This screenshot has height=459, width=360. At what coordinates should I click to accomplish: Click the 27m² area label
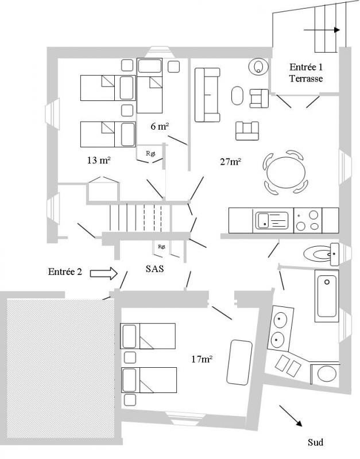point(231,161)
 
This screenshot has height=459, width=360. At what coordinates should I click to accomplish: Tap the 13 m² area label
point(99,160)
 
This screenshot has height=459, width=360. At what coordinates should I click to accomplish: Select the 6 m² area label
point(160,126)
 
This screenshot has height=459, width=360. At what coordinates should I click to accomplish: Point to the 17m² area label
point(202,359)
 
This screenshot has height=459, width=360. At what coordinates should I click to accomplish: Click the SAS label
point(154,269)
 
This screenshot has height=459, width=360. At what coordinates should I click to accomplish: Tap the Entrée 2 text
point(65,271)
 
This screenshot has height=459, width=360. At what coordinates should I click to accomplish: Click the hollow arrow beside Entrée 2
point(104,274)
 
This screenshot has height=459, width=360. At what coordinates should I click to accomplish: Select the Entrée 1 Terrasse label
point(306,73)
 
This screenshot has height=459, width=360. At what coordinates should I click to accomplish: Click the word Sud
point(315,442)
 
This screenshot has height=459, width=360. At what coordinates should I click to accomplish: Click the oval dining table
point(286,172)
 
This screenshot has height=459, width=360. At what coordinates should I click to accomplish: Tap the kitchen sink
point(272,220)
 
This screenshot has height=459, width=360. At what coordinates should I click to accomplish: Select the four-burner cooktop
point(308,220)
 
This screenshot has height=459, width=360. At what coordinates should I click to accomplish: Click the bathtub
point(327,295)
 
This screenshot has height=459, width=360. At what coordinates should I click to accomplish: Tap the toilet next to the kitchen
point(322,254)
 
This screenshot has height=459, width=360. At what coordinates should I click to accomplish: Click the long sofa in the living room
point(207,95)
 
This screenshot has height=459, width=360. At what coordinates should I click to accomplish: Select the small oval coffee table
point(237,95)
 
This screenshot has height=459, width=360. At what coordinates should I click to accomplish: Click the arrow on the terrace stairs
point(322,30)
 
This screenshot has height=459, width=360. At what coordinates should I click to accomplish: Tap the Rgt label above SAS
point(161,247)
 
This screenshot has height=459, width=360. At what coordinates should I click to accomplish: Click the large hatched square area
point(60,368)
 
